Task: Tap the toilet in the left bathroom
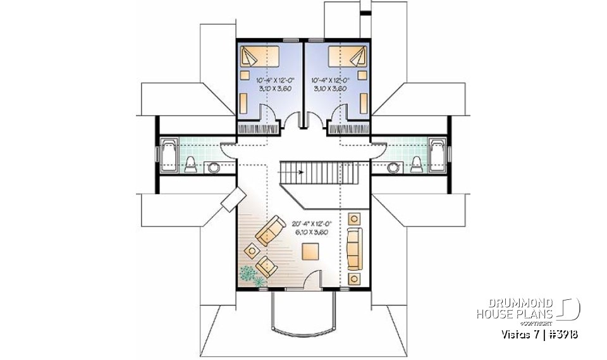click(190, 164)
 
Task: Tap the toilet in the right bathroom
click(417, 164)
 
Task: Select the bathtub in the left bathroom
click(169, 154)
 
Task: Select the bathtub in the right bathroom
click(438, 154)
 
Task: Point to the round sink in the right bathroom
click(393, 167)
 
